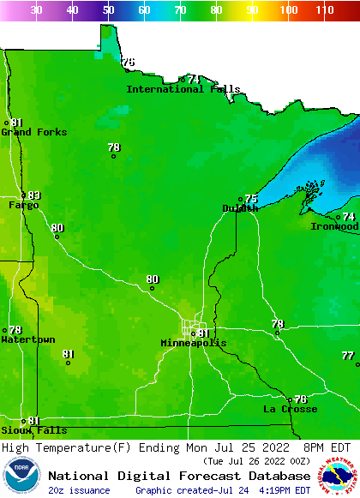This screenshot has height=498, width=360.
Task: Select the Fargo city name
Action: (24, 206)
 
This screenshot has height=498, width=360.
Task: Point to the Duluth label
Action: (240, 208)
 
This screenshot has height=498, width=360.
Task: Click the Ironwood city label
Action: (334, 226)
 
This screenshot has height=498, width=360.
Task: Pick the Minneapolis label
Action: (194, 343)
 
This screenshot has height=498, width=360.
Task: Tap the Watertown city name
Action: (28, 340)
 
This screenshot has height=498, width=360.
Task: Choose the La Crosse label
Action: (290, 409)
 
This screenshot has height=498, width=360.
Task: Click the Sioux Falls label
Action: (33, 430)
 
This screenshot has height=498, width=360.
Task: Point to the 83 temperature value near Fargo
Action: (34, 195)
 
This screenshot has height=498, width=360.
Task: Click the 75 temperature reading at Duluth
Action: (251, 199)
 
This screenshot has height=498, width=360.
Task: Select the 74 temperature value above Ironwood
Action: (349, 217)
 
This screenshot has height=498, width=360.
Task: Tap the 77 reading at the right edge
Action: (347, 355)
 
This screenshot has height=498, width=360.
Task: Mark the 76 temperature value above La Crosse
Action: (300, 399)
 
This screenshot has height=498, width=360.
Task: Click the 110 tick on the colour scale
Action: (323, 10)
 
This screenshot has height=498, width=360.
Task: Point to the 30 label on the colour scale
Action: (36, 10)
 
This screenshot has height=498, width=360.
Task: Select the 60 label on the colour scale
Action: (144, 10)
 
